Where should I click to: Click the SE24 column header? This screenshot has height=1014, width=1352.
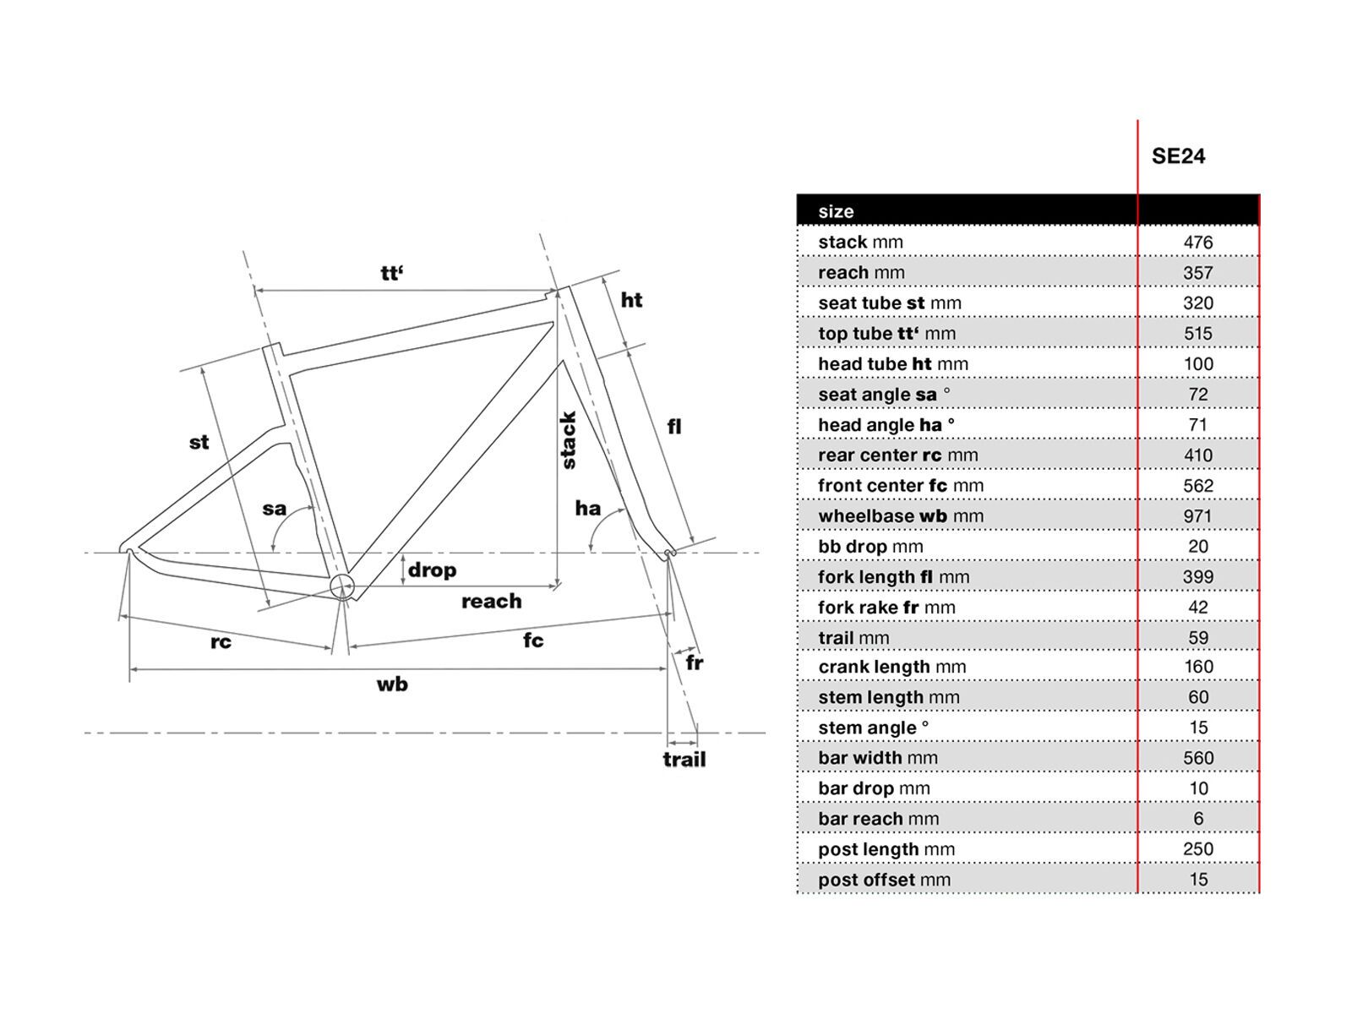[x=1178, y=156]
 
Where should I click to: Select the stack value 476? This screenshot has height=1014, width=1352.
[x=1197, y=243]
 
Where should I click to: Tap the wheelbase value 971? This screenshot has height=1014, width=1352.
[x=1197, y=516]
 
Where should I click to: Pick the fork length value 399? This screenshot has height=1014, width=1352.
[x=1197, y=577]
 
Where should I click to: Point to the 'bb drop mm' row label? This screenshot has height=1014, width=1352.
[x=870, y=547]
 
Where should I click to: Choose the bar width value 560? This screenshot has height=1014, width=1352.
[x=1197, y=758]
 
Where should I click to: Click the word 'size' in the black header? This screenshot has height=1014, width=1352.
[x=836, y=211]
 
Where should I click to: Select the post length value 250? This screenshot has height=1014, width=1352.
[x=1197, y=849]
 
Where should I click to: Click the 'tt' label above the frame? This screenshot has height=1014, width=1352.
[x=391, y=273]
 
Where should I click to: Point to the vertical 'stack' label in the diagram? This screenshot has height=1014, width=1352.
[x=569, y=440]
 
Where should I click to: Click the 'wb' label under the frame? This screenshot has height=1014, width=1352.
[x=392, y=684]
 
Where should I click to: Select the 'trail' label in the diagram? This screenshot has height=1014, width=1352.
[x=684, y=760]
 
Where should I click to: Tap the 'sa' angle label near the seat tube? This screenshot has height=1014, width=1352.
[x=275, y=509]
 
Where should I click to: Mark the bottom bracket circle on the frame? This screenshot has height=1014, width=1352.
[x=341, y=586]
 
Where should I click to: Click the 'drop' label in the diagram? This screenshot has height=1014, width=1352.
[x=432, y=570]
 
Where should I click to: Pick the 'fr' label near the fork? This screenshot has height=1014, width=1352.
[x=695, y=662]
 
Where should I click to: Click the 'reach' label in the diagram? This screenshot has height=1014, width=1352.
[x=491, y=602]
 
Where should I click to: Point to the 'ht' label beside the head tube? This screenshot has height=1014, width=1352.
[x=631, y=300]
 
